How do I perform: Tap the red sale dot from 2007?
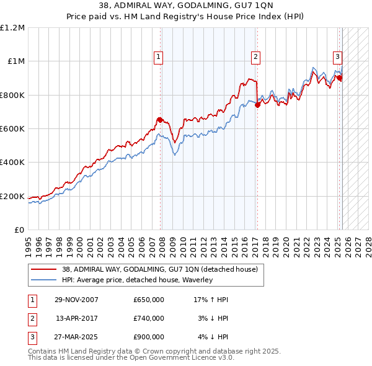(x=160, y=120)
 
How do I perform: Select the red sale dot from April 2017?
(x=257, y=105)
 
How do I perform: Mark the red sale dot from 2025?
(x=340, y=78)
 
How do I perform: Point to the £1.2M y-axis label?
(x=12, y=28)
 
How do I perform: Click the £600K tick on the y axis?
(x=12, y=128)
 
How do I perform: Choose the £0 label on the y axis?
(x=19, y=230)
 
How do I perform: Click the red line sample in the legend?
(x=43, y=269)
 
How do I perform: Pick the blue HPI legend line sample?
(x=43, y=280)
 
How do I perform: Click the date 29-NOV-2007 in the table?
(x=77, y=300)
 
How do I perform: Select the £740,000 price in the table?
(x=149, y=318)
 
